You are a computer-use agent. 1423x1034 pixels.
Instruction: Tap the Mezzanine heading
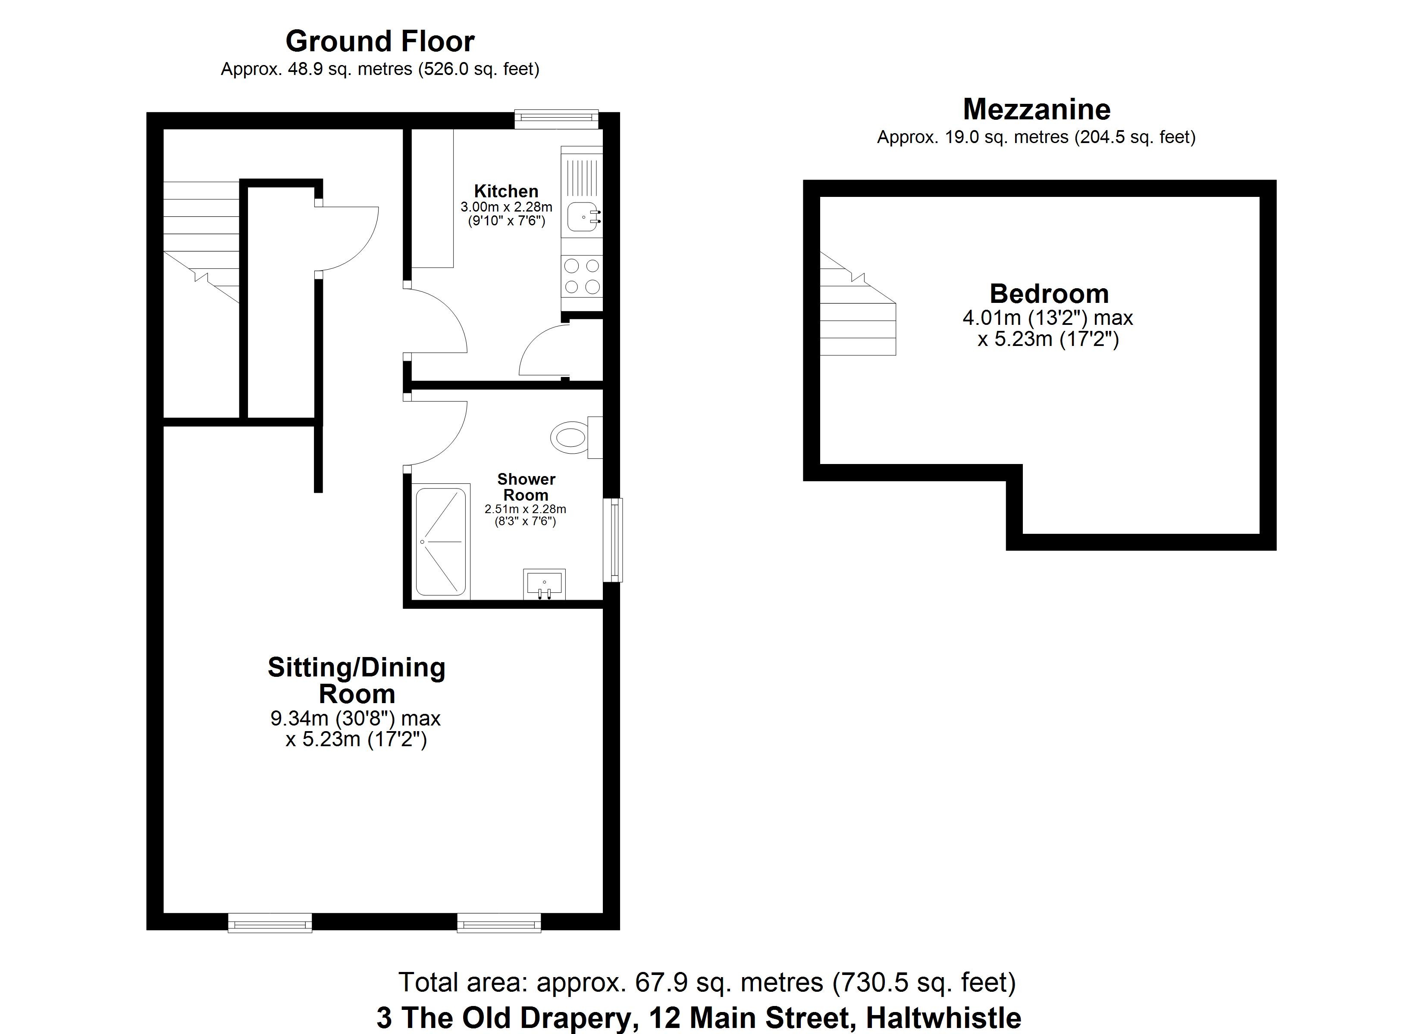(x=1037, y=110)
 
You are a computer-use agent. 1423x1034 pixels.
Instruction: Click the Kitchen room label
(x=506, y=191)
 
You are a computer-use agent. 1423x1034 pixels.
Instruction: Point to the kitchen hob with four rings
(x=582, y=277)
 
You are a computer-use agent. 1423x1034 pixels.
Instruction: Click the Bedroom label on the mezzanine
(x=1049, y=294)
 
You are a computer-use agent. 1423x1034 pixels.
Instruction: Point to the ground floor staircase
(x=201, y=241)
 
